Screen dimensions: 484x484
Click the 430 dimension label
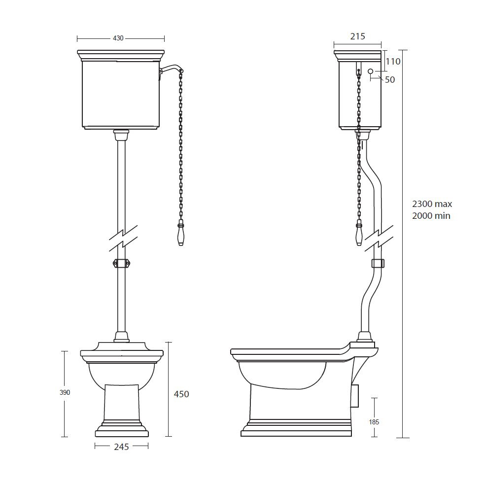pos(118,38)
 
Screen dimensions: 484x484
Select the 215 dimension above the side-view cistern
pos(357,36)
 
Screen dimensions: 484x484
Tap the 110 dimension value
pos(393,62)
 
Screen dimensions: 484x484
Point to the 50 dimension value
pos(390,80)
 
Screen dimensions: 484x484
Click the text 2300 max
pos(432,204)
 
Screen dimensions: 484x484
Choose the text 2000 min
pos(431,216)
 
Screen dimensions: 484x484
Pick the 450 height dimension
pos(181,394)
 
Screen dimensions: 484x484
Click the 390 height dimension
pos(65,393)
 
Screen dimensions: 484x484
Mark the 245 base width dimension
pos(121,447)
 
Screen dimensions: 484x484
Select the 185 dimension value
pos(374,422)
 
